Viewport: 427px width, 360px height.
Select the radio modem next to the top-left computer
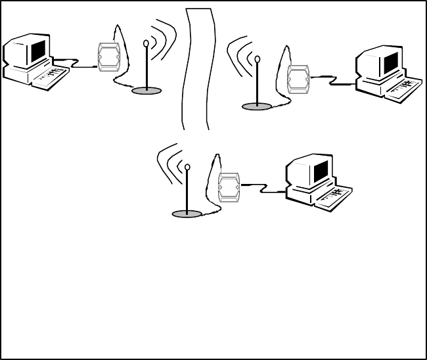point(106,58)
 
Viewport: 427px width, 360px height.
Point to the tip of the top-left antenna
point(146,44)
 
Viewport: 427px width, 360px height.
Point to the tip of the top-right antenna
point(258,60)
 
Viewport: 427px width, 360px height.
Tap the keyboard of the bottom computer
point(332,197)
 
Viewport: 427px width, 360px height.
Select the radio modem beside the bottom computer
point(229,187)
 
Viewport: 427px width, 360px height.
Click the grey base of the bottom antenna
point(187,214)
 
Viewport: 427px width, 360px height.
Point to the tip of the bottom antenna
point(188,168)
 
